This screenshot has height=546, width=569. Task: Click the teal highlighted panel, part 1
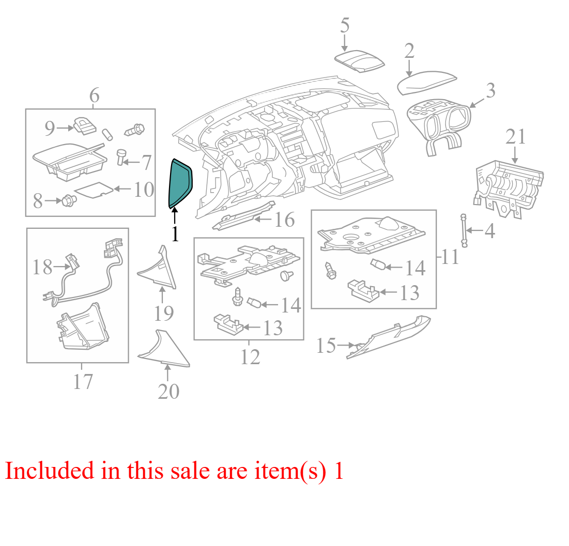pos(180,183)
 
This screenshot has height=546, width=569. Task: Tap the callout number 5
pos(345,25)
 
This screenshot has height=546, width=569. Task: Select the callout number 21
pos(516,137)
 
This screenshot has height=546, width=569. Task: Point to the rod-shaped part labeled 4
pos(464,230)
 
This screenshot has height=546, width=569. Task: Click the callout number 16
pos(284,220)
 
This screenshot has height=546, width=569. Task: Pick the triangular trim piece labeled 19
pos(158,269)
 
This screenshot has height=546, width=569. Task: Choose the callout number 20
pos(168,392)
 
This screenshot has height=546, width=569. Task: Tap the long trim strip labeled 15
pos(388,337)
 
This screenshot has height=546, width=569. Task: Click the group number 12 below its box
pos(250,357)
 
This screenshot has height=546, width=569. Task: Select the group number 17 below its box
pos(83,381)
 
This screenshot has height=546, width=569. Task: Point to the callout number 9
pos(50,128)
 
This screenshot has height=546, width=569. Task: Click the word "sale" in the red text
pos(190,471)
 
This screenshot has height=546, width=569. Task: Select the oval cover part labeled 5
pos(359,61)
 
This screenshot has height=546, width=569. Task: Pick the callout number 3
pos(490,91)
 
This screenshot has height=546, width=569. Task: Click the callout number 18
pos(42,268)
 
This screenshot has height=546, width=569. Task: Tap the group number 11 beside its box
pos(450,257)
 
